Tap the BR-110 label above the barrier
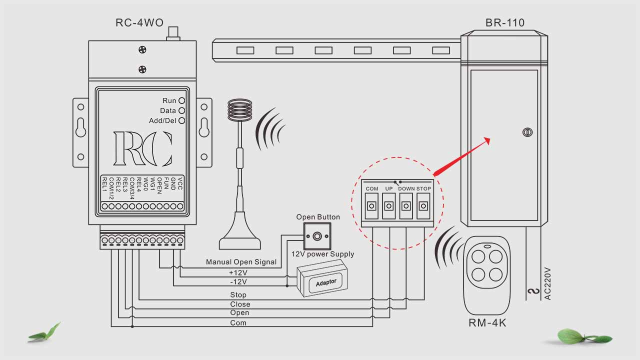point(505,22)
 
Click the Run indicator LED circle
point(181,100)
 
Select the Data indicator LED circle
point(181,110)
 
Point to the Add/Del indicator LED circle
point(181,120)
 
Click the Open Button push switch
point(316,234)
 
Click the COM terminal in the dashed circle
point(371,206)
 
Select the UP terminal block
point(388,206)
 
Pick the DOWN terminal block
point(406,206)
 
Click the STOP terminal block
point(423,206)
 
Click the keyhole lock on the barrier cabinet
point(526,132)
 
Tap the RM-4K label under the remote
point(487,323)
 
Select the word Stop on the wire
point(238,295)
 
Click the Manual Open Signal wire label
point(241,262)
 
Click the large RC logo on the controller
point(143,148)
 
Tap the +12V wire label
point(238,272)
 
